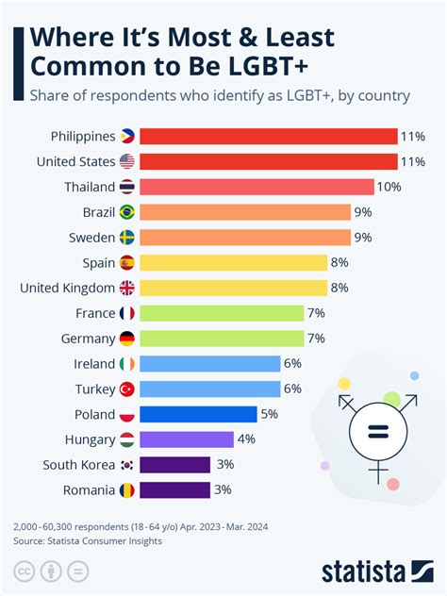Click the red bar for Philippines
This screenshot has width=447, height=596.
(269, 136)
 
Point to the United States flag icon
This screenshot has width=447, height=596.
(127, 161)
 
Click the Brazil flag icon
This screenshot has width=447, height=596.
(127, 212)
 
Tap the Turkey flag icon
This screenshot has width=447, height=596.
(127, 389)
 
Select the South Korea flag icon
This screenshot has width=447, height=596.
(127, 464)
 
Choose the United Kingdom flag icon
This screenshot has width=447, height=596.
(127, 288)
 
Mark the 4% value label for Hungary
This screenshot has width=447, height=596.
(247, 439)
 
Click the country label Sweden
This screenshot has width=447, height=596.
(91, 237)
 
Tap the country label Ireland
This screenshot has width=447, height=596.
(93, 363)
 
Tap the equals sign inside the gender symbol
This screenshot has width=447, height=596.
(378, 433)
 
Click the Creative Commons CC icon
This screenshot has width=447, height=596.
(24, 571)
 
